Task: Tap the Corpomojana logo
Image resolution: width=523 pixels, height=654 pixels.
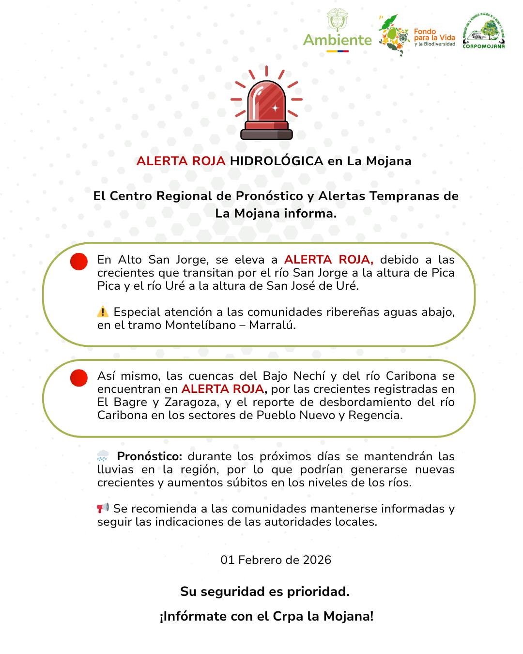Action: click(483, 30)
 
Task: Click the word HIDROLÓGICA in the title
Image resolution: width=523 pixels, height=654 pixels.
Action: click(277, 161)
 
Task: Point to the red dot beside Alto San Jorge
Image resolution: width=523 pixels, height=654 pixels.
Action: click(79, 262)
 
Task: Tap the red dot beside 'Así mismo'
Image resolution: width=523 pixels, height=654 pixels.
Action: click(79, 378)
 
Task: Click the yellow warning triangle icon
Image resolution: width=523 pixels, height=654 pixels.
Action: click(103, 312)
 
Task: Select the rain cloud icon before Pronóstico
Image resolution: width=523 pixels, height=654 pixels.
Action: click(103, 456)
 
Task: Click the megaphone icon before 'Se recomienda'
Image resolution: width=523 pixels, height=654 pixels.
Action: click(103, 508)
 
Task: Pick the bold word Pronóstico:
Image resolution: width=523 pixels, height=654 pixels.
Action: click(150, 456)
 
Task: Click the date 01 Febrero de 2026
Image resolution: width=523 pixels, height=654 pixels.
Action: click(276, 560)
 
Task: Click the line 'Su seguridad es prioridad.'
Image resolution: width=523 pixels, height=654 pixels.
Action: click(265, 592)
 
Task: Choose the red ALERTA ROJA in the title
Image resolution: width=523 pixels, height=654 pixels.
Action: click(181, 161)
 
